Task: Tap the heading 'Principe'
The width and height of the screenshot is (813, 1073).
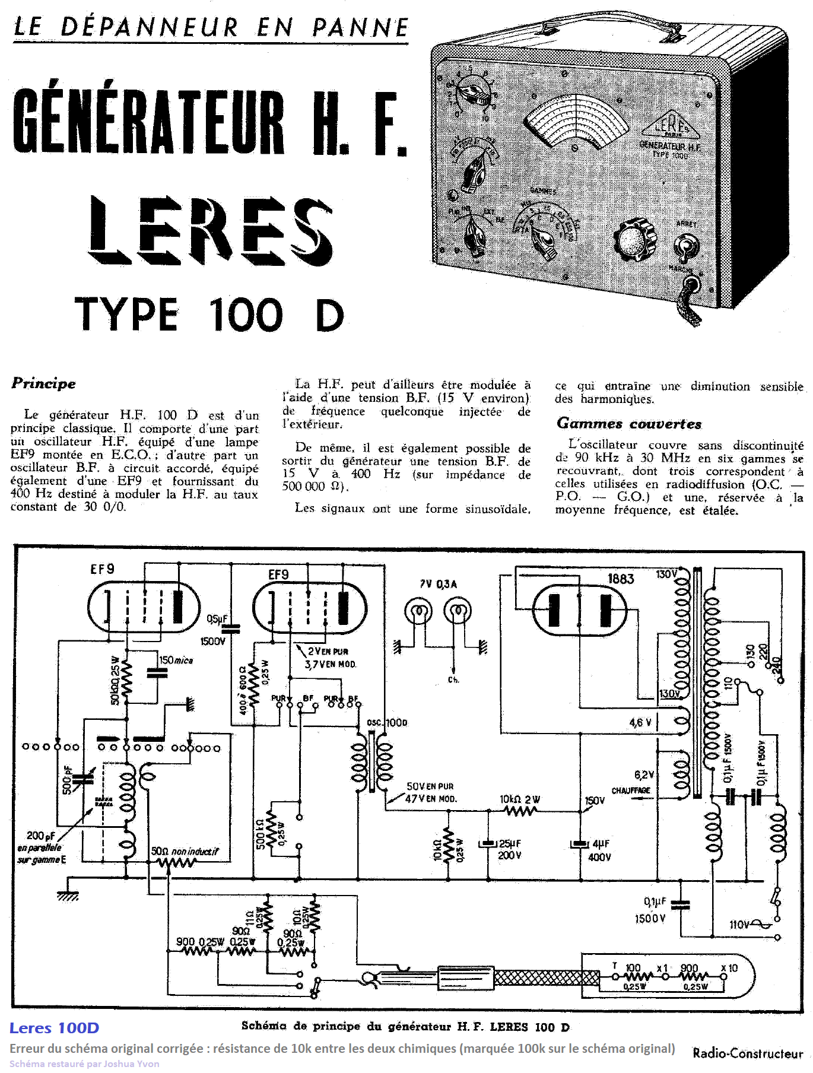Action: (44, 383)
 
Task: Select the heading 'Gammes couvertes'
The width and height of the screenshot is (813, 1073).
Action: (629, 424)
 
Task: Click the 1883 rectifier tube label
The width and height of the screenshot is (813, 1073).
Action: (621, 579)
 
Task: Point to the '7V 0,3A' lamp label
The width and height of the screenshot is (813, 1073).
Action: (439, 584)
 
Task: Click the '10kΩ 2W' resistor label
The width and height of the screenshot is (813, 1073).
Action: (520, 799)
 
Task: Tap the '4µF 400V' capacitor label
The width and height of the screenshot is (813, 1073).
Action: (599, 850)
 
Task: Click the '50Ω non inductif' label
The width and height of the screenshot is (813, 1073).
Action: (185, 852)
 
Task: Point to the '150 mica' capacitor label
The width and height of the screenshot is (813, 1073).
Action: (176, 660)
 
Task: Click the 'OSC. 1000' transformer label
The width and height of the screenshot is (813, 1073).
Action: (387, 722)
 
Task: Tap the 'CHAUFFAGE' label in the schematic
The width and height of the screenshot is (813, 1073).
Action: (631, 791)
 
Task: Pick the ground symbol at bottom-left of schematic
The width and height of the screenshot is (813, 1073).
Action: (68, 896)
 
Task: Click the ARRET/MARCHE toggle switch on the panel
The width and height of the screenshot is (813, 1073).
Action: (685, 246)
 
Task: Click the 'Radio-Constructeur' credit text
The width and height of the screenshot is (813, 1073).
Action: (748, 1053)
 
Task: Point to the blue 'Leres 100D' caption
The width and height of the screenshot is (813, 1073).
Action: (54, 1028)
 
